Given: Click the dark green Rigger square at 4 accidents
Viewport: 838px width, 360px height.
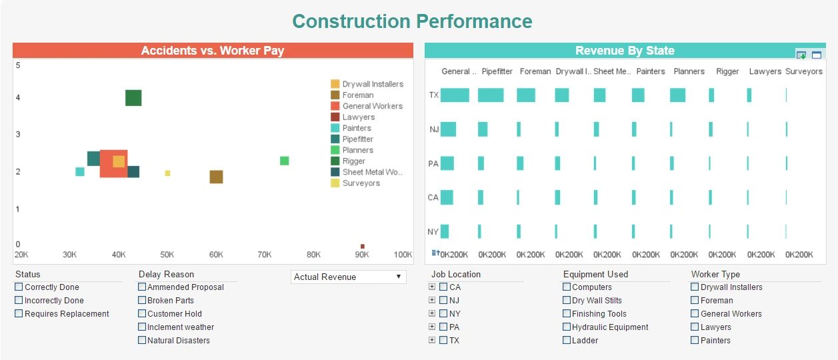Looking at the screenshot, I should click(133, 98).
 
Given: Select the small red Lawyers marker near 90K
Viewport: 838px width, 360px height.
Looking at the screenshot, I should click(363, 246).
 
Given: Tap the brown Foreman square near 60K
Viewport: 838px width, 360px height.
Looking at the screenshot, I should click(216, 177).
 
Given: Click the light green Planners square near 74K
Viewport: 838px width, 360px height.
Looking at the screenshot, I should click(284, 161).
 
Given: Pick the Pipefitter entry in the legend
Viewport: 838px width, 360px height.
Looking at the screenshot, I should click(357, 139).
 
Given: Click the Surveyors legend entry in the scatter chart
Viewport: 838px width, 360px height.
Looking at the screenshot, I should click(361, 183).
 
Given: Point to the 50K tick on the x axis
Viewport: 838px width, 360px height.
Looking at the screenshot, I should click(167, 255).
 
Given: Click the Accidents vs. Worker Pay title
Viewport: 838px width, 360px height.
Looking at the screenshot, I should click(213, 51).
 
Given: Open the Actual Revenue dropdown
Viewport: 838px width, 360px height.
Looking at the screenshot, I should click(348, 277).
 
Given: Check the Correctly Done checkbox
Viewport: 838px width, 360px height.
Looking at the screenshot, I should click(19, 287).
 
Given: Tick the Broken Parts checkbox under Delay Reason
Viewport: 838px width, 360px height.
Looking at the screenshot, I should click(142, 301).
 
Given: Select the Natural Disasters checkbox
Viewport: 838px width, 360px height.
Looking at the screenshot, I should click(142, 341).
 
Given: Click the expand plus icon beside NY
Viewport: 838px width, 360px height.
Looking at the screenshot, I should click(432, 313).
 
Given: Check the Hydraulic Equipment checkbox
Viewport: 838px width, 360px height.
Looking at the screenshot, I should click(567, 327).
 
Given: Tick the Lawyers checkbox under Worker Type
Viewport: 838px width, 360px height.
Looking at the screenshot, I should click(695, 327).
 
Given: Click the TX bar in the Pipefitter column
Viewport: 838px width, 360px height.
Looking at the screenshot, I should click(491, 95).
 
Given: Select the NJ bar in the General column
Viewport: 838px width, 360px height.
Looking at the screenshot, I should click(448, 129).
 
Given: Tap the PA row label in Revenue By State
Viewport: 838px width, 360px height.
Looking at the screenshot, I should click(433, 163).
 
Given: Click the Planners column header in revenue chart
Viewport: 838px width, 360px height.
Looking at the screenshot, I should click(689, 71).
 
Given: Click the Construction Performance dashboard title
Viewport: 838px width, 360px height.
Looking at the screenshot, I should click(412, 21).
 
